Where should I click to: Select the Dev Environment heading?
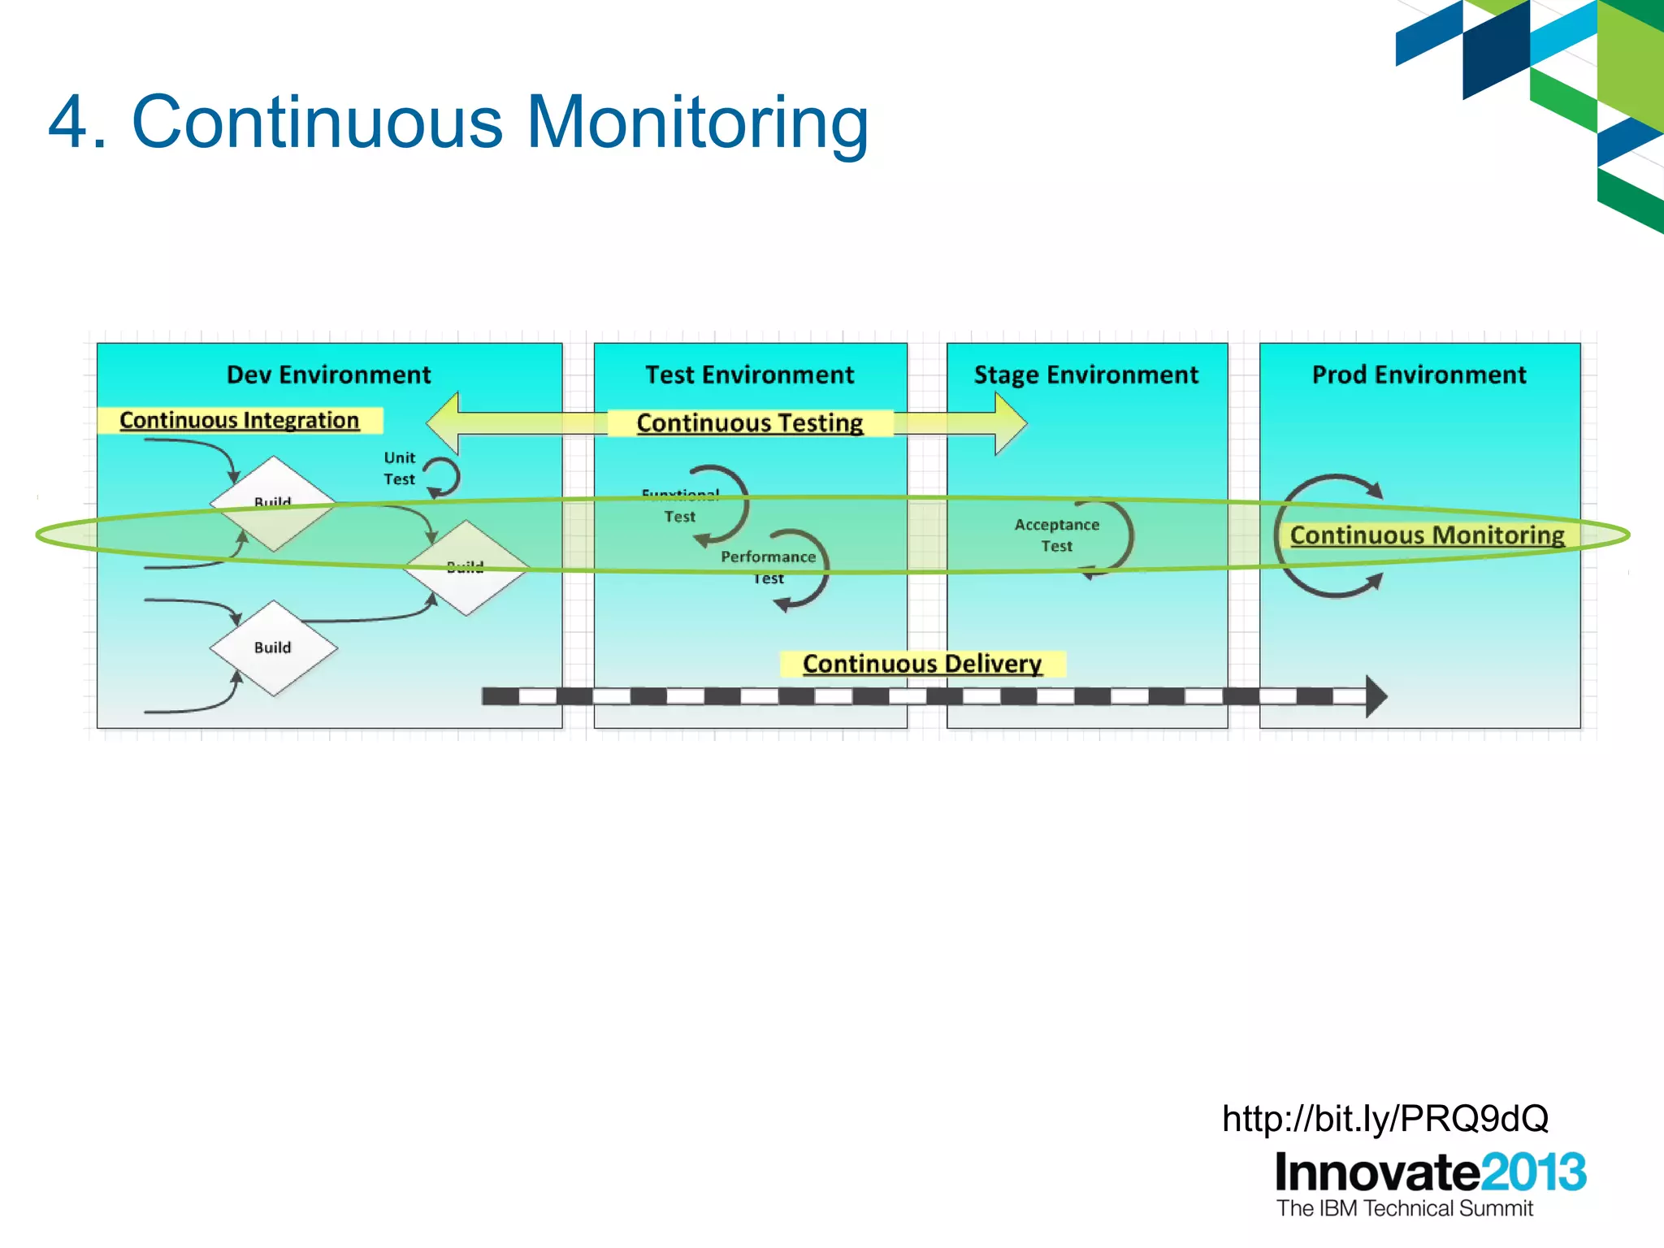click(x=328, y=375)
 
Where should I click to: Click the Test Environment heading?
click(x=749, y=375)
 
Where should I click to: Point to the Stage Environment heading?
click(x=1085, y=375)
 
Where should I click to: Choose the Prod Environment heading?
click(x=1419, y=375)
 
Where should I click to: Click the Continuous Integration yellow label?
click(x=239, y=420)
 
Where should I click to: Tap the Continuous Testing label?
click(x=749, y=422)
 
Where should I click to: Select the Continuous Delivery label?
click(x=921, y=664)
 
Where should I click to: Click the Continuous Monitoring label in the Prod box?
click(x=1427, y=535)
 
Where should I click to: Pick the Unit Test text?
click(x=399, y=469)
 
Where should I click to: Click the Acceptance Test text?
click(x=1056, y=535)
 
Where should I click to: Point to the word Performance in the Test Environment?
click(x=768, y=557)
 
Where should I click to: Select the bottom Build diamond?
click(x=273, y=648)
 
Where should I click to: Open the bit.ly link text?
click(x=1384, y=1119)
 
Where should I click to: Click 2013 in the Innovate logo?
click(x=1532, y=1172)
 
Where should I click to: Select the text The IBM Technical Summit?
click(x=1404, y=1209)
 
